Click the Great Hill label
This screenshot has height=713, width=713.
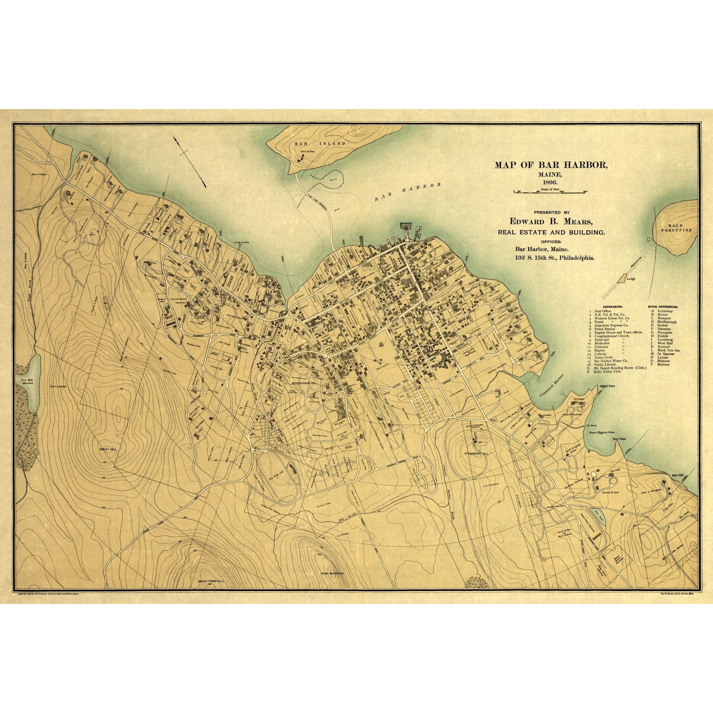(x=108, y=449)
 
